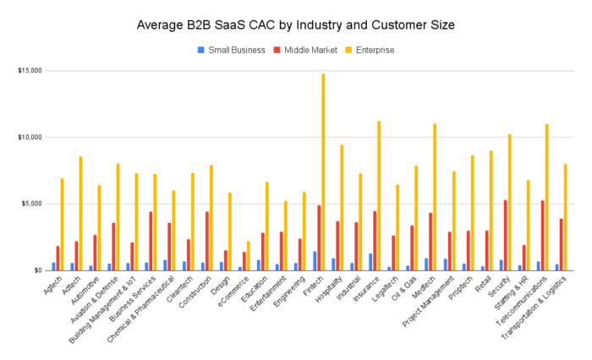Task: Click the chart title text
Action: tap(296, 25)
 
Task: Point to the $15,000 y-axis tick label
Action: tap(30, 70)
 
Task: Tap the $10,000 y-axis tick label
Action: tap(30, 137)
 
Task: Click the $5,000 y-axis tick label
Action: tap(32, 204)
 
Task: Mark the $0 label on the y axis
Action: tap(37, 270)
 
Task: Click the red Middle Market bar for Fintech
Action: tap(318, 237)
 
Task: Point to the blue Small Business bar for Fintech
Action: tap(313, 260)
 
